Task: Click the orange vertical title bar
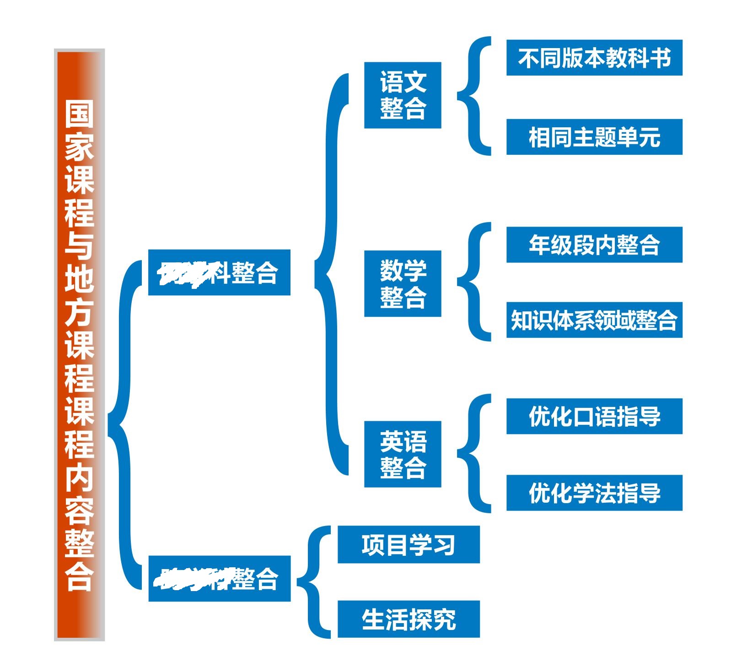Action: click(79, 344)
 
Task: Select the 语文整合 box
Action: click(403, 95)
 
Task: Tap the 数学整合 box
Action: click(403, 283)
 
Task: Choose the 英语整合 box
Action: click(403, 454)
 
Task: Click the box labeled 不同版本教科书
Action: click(594, 58)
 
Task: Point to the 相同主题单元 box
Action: click(594, 137)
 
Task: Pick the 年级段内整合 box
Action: click(594, 244)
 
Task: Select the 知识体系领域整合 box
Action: click(594, 320)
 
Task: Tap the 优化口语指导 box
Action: click(594, 416)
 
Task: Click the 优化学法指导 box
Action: click(594, 493)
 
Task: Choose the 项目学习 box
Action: click(409, 544)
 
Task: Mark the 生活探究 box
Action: click(409, 619)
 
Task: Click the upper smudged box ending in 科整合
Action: click(219, 272)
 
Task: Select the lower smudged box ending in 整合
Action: click(219, 578)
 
